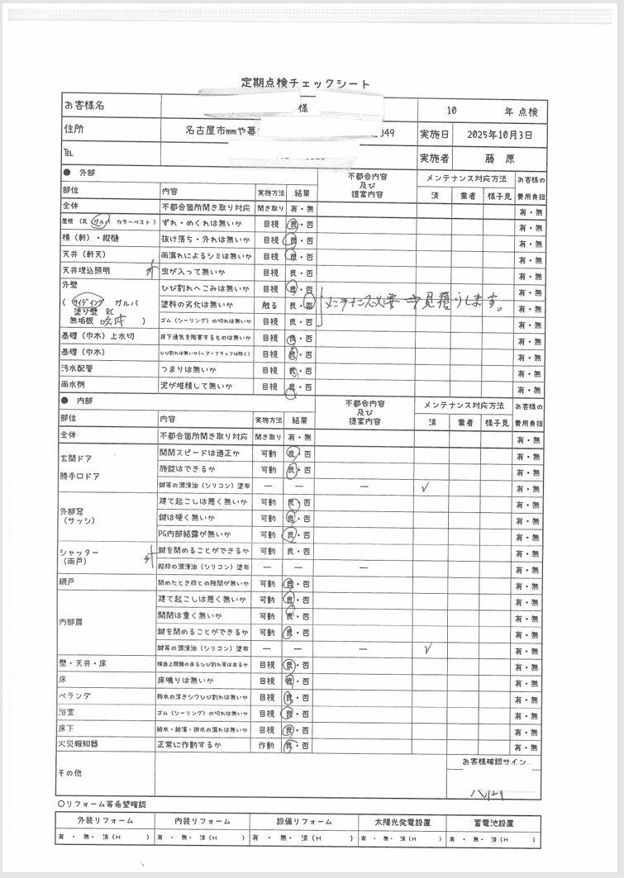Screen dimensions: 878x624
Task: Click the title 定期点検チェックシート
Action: point(306,83)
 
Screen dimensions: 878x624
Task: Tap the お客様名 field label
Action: point(83,106)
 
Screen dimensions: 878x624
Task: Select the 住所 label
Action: point(74,130)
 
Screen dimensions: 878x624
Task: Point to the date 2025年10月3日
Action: point(499,134)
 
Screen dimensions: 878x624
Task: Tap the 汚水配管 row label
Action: point(79,369)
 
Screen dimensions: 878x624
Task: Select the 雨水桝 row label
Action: point(74,386)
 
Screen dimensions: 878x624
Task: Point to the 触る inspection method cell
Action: point(269,305)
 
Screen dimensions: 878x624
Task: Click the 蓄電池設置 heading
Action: point(493,823)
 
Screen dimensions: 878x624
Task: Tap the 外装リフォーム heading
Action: point(105,822)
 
